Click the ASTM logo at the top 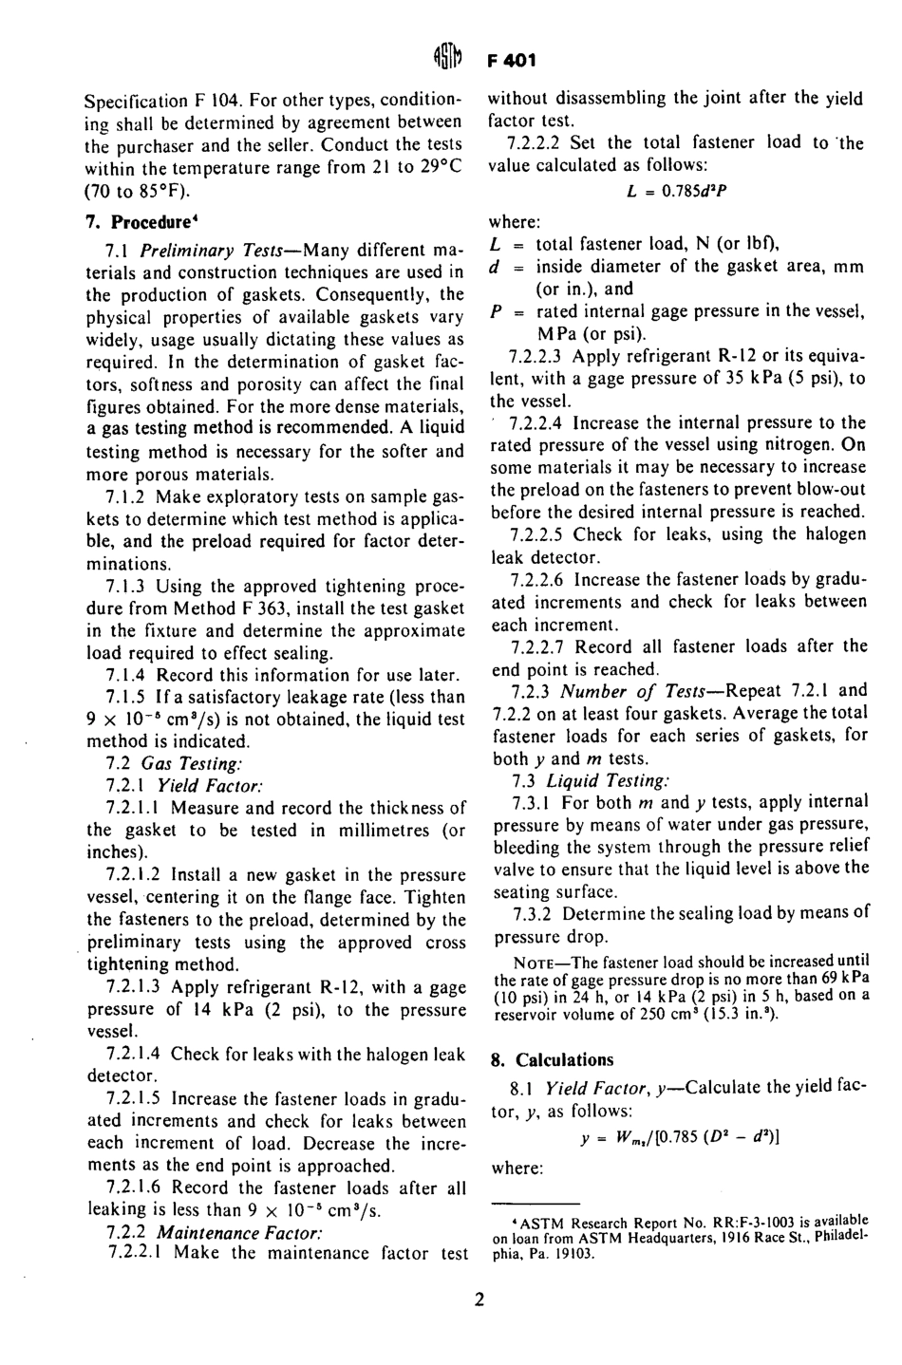pos(450,60)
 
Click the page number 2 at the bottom pos(480,1300)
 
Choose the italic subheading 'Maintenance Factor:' pos(239,1232)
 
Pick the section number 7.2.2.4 pos(537,422)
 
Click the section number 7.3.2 pos(533,914)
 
